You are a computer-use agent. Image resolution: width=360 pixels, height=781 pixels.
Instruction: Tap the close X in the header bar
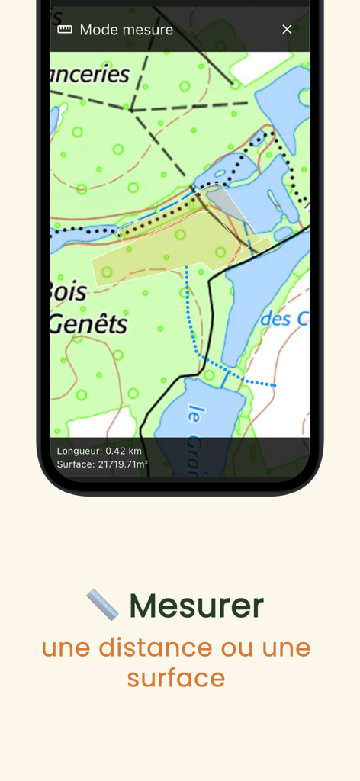tap(287, 29)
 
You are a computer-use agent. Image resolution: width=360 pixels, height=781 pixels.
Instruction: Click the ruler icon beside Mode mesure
tap(65, 29)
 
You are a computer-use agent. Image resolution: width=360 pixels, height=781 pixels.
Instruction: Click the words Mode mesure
tap(127, 29)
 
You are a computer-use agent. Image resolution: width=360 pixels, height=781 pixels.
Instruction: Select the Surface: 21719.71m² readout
tap(102, 464)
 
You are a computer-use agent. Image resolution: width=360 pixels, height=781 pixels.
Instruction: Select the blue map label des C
tap(285, 318)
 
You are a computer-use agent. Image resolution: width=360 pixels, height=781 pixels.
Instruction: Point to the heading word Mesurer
tap(196, 606)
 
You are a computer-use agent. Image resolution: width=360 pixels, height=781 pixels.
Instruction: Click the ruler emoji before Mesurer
tap(102, 605)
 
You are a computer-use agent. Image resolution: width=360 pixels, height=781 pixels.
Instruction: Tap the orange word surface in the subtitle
tap(176, 677)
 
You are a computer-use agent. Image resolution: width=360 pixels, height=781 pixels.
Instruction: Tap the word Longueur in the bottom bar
tap(79, 451)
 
